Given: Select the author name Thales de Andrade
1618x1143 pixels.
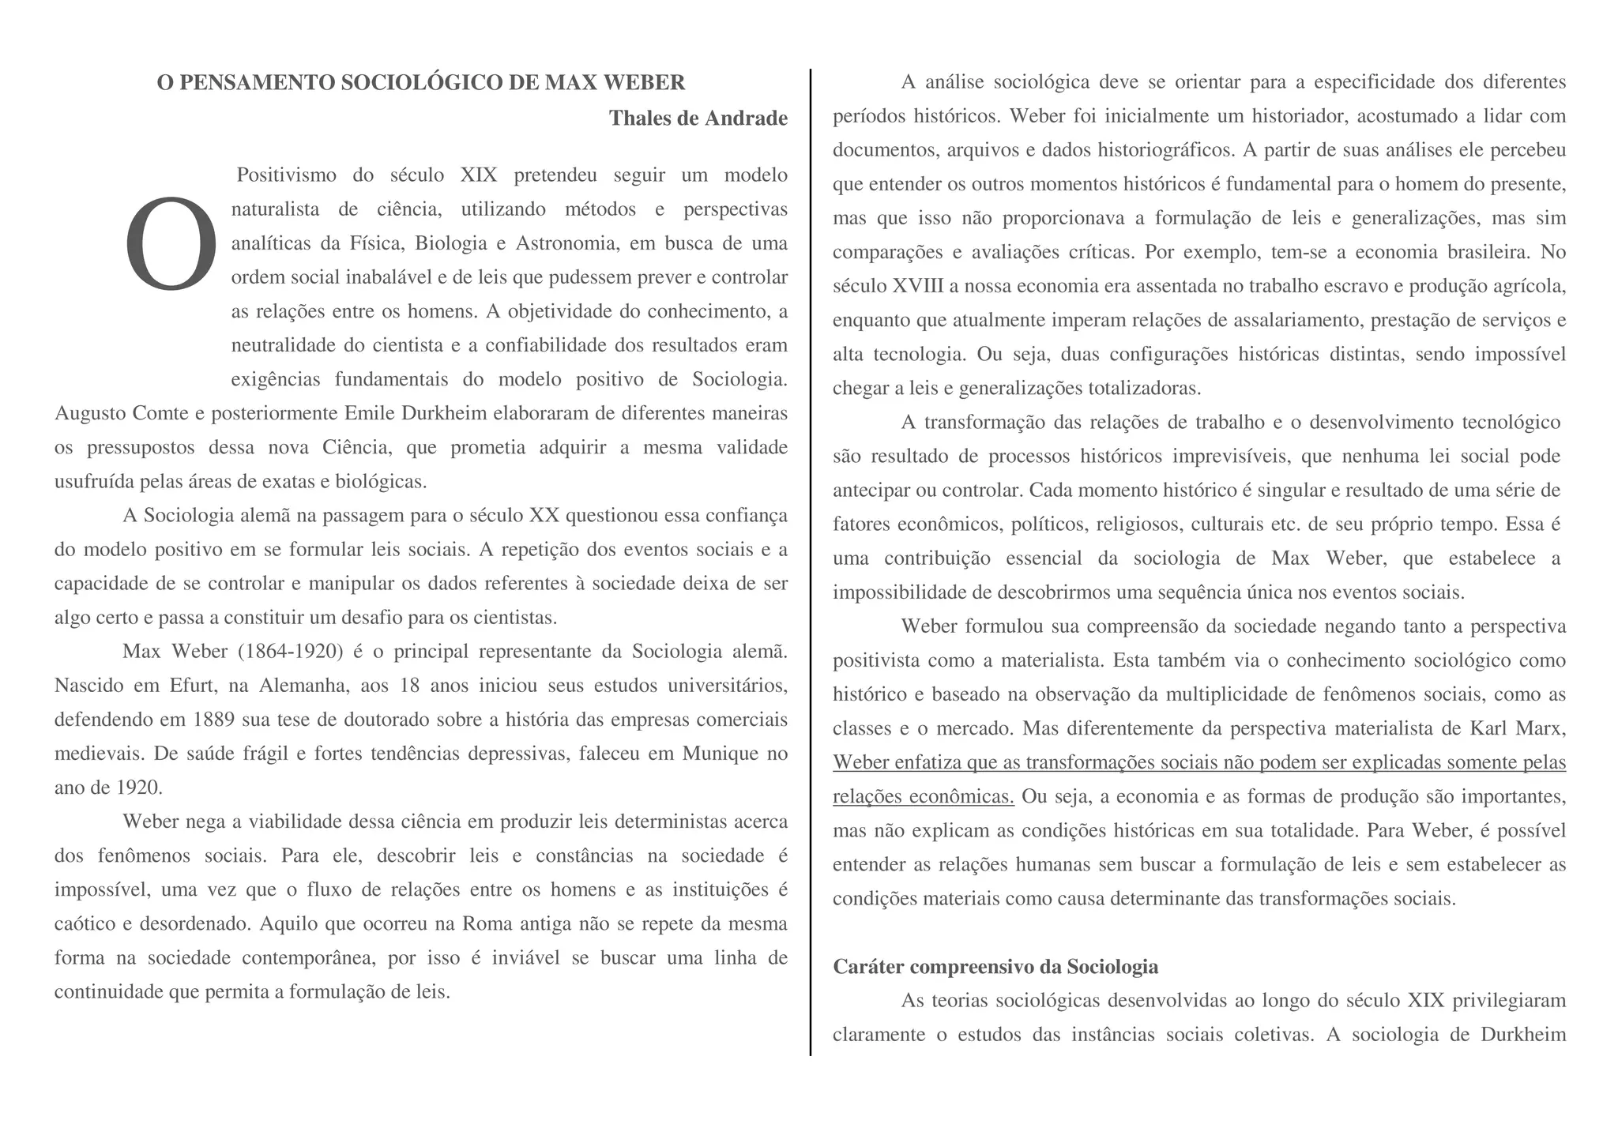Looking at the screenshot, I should tap(698, 118).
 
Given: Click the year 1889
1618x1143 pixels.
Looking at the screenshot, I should tap(211, 720).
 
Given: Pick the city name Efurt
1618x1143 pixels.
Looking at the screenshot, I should tap(193, 686).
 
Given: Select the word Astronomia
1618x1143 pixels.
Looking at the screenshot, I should tap(566, 243).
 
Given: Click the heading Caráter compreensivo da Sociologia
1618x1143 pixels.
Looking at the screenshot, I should tap(995, 967).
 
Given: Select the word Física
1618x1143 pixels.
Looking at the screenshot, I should tap(375, 243).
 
